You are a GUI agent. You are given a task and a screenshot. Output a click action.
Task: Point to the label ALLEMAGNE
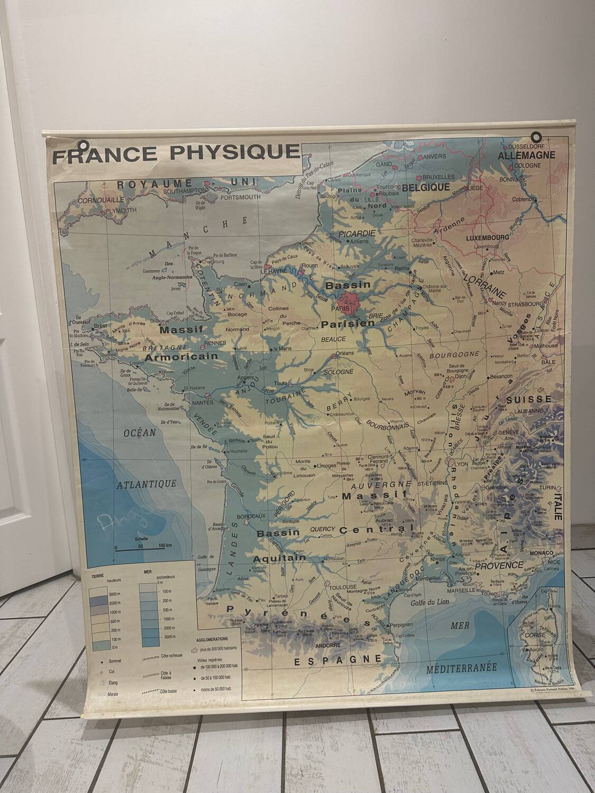tap(527, 155)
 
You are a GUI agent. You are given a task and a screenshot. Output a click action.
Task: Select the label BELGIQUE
tap(426, 187)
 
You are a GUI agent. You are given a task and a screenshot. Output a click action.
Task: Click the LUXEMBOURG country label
tap(487, 238)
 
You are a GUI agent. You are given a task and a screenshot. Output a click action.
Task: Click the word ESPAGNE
tap(337, 660)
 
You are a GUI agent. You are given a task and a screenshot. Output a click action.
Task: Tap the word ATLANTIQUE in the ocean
tap(147, 484)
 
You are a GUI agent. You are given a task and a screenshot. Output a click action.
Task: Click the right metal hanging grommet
tap(536, 136)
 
